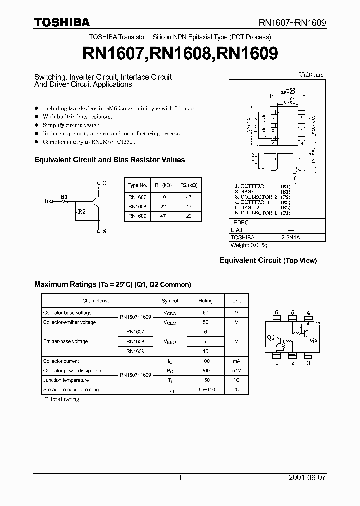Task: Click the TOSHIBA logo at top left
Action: pyautogui.click(x=62, y=22)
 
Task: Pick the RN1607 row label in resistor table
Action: pyautogui.click(x=137, y=197)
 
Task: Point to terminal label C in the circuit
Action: pyautogui.click(x=104, y=183)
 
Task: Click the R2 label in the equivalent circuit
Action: pyautogui.click(x=82, y=212)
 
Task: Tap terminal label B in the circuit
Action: pyautogui.click(x=46, y=202)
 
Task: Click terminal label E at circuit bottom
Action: pyautogui.click(x=104, y=231)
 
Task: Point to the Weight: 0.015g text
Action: pyautogui.click(x=249, y=245)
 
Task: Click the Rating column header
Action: pyautogui.click(x=205, y=301)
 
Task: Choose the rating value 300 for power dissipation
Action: pyautogui.click(x=205, y=371)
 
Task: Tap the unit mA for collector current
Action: pyautogui.click(x=237, y=361)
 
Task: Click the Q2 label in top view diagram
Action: pyautogui.click(x=314, y=339)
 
